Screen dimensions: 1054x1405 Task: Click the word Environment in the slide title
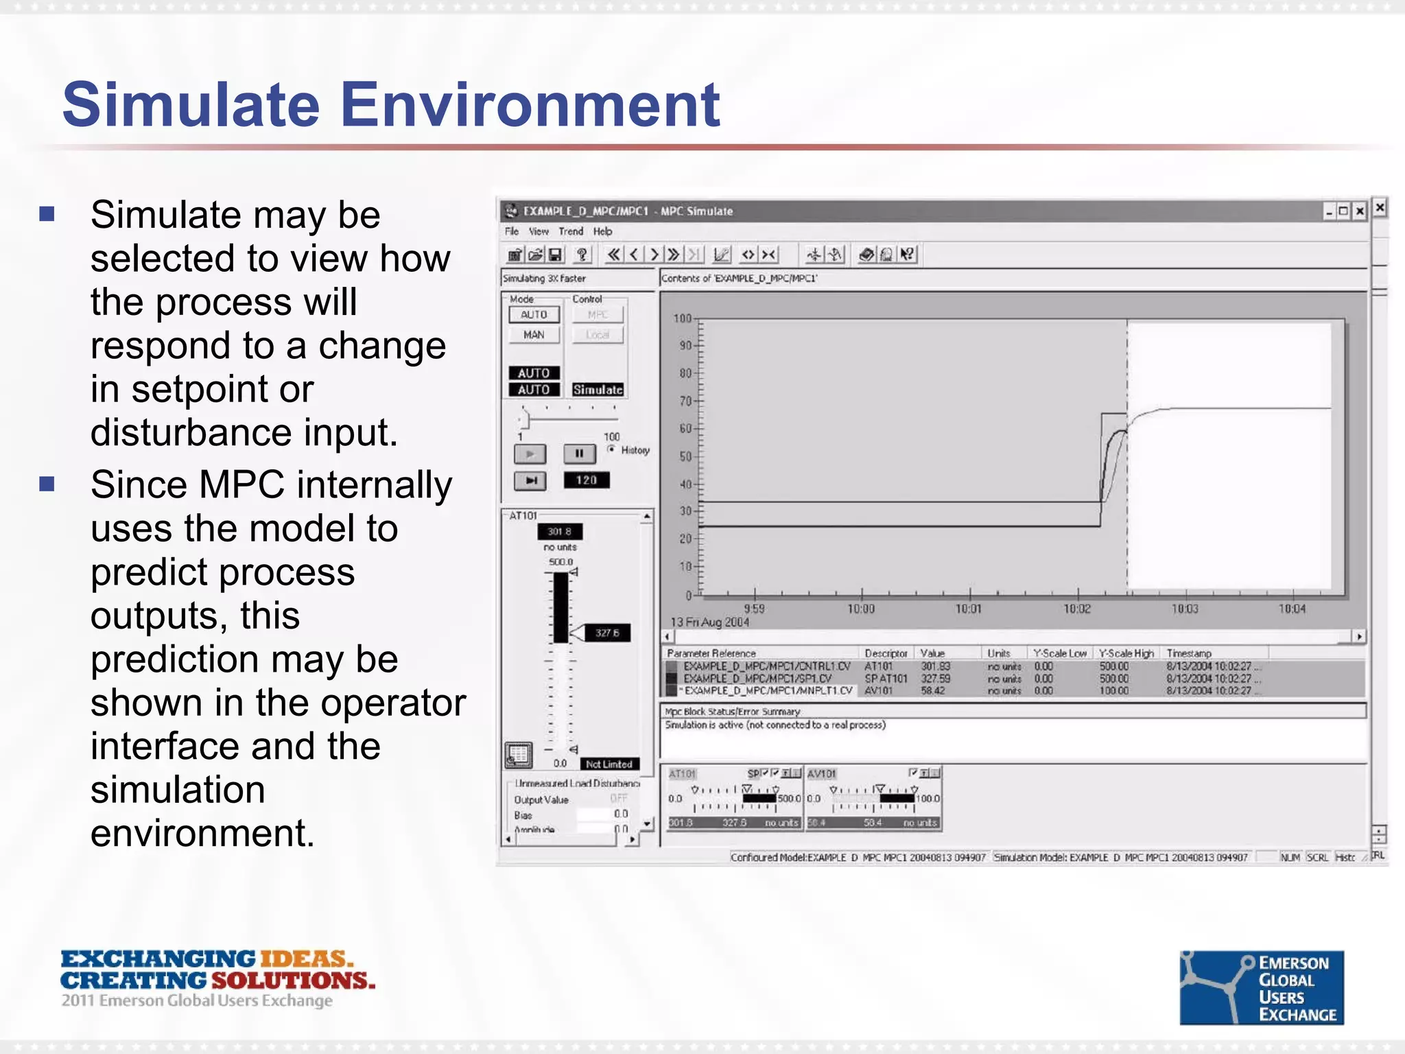coord(530,105)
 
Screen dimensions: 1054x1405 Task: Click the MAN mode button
coord(534,335)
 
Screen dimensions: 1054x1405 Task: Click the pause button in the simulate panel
coord(579,454)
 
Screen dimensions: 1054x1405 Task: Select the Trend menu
coord(570,232)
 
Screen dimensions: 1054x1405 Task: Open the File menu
coord(512,232)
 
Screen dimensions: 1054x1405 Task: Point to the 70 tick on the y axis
coord(685,401)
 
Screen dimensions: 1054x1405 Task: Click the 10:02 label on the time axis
coord(1076,609)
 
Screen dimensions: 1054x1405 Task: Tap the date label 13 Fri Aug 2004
coord(709,622)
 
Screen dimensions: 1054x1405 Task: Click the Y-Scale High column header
coord(1126,653)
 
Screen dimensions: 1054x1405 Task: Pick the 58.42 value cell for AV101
coord(932,691)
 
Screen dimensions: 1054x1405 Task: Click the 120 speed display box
coord(586,480)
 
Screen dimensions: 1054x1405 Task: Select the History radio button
coord(611,449)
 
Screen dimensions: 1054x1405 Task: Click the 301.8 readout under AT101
coord(559,532)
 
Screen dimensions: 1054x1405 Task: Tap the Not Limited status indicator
coord(609,764)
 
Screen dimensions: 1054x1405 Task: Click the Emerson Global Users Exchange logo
coord(1261,987)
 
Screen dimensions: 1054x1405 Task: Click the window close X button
coord(1359,211)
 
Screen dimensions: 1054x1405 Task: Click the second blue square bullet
coord(47,484)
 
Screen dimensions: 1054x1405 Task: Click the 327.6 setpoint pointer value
coord(607,633)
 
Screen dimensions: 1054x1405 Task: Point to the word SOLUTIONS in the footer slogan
coord(293,981)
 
